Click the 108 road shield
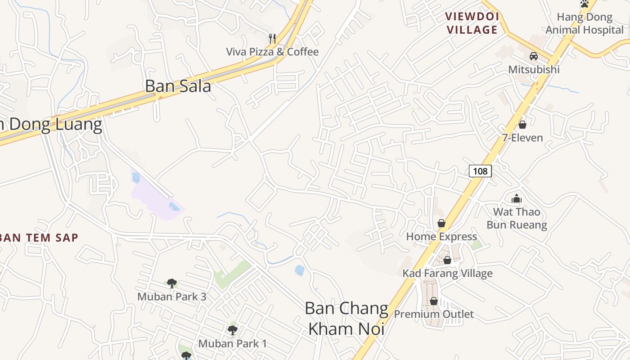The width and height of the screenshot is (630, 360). click(480, 171)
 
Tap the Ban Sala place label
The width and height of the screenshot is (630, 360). click(178, 86)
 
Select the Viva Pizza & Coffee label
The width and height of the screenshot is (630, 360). click(272, 52)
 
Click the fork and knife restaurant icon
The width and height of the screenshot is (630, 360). click(272, 38)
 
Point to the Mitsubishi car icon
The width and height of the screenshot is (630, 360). click(534, 56)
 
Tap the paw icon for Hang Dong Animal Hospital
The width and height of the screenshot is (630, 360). click(585, 4)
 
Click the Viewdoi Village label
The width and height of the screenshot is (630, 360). click(472, 23)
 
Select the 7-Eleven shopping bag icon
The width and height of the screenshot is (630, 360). click(522, 124)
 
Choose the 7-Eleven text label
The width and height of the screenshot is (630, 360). click(522, 138)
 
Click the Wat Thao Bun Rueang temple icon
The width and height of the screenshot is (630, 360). click(516, 198)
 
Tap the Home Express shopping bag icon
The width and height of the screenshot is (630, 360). click(441, 223)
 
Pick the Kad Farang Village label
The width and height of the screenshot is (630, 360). click(447, 273)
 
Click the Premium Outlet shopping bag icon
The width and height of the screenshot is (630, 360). click(434, 301)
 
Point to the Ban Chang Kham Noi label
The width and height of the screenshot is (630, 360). click(346, 319)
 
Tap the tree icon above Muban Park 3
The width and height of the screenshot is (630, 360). click(171, 283)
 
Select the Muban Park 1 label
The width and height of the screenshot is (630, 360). click(233, 344)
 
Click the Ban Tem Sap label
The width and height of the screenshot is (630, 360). click(39, 238)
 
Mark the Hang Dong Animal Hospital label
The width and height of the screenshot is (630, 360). click(585, 24)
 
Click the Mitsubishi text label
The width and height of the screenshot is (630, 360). click(534, 70)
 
